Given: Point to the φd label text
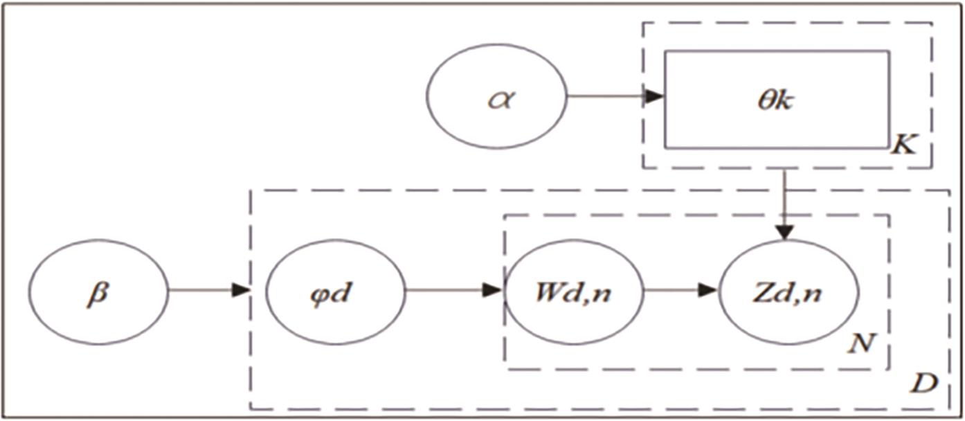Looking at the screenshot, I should click(x=335, y=292).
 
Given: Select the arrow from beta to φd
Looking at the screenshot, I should click(x=208, y=291).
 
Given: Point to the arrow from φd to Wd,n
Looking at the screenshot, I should click(x=453, y=291).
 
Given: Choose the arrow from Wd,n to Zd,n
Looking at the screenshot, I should click(x=682, y=291).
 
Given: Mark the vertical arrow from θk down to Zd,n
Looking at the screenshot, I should click(x=784, y=201).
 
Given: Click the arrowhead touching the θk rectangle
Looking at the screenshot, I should click(x=654, y=97).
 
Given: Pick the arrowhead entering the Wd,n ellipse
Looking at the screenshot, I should click(x=493, y=291).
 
